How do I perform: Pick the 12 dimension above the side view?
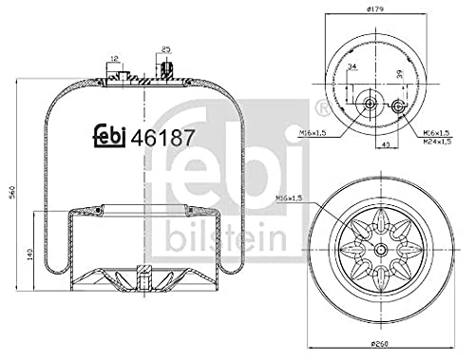tap(114, 60)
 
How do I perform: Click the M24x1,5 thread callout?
tap(437, 142)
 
